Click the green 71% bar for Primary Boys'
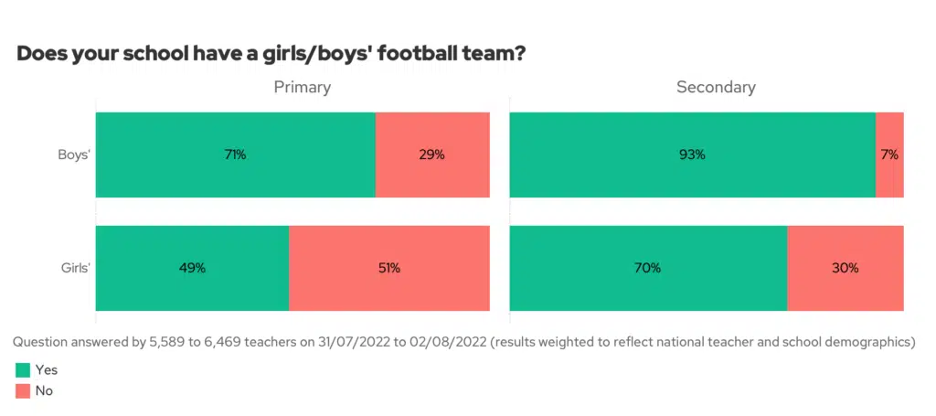[x=235, y=155]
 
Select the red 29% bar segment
[x=432, y=155]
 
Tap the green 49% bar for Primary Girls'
[x=192, y=268]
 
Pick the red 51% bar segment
[x=389, y=268]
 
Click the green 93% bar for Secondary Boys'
[x=692, y=155]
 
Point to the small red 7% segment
[x=889, y=155]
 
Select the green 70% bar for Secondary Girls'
[x=648, y=268]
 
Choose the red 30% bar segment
[x=846, y=268]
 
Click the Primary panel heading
[x=303, y=88]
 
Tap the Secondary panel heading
[x=716, y=88]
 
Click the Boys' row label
[x=74, y=155]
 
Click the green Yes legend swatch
[x=22, y=370]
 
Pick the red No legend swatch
[x=22, y=390]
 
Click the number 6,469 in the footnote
[x=223, y=342]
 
